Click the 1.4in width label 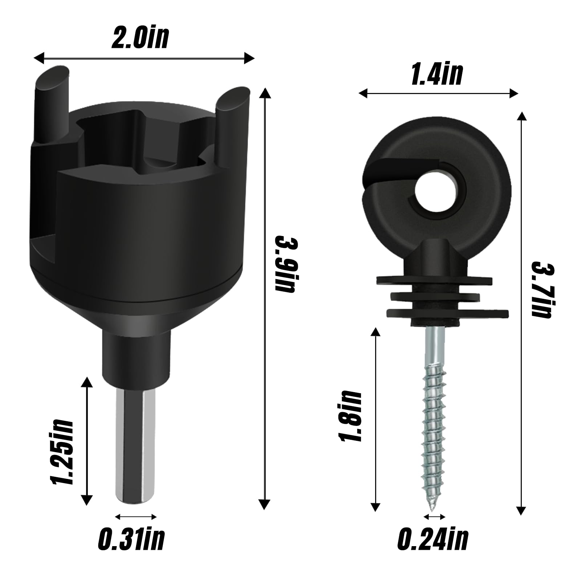click(x=437, y=74)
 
